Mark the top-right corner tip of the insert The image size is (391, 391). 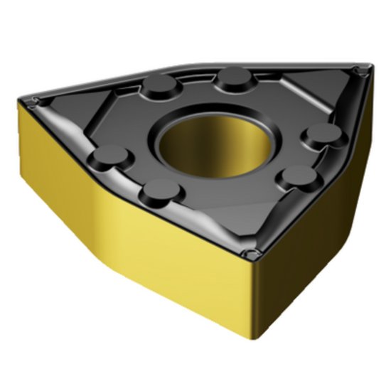(x=368, y=66)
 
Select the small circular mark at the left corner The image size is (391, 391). (x=38, y=101)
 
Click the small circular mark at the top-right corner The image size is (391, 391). (x=360, y=69)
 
